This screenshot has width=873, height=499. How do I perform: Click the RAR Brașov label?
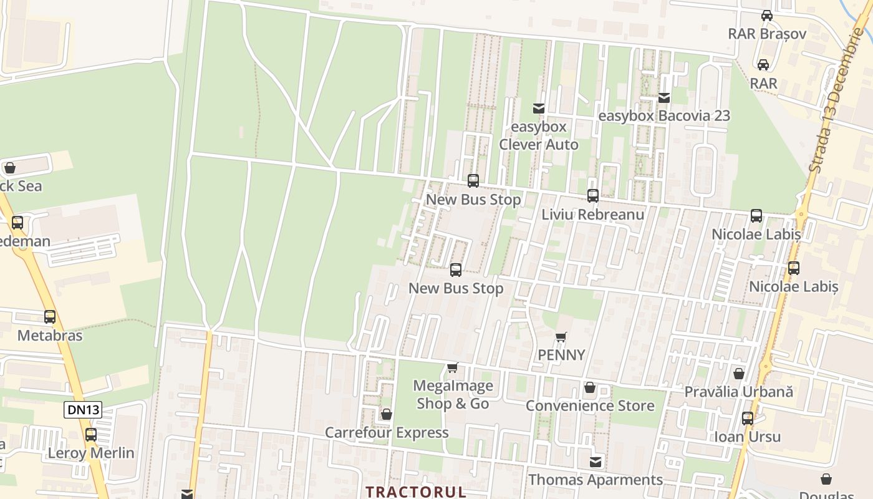click(x=767, y=34)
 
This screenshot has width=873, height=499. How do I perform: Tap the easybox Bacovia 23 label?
click(x=663, y=116)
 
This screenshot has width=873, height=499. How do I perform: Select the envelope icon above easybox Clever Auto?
click(x=539, y=109)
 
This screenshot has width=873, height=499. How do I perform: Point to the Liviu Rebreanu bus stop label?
click(x=592, y=215)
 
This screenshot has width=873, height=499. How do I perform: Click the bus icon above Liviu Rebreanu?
click(x=592, y=196)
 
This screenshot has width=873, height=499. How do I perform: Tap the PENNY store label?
click(x=561, y=355)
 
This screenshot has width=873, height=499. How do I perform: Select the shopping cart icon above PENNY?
click(x=561, y=337)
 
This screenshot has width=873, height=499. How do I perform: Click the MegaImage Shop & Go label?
click(x=453, y=395)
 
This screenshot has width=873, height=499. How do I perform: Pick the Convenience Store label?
click(x=589, y=406)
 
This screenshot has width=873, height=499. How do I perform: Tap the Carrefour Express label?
click(x=387, y=433)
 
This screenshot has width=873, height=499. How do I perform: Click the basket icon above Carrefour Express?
click(x=386, y=414)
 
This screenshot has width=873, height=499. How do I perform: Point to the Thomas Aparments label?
click(x=596, y=480)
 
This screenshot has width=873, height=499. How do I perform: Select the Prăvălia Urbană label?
click(x=738, y=392)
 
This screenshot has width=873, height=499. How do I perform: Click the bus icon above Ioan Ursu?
click(x=747, y=419)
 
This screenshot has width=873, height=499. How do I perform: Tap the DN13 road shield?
click(x=83, y=410)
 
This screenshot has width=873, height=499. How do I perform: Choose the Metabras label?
click(x=49, y=336)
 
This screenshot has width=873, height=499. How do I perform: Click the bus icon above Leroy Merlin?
click(x=91, y=434)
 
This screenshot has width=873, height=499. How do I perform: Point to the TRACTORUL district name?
click(x=415, y=492)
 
